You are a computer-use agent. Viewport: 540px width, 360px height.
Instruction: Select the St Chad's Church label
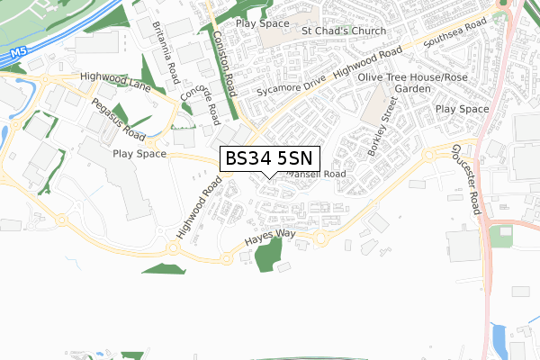(x=345, y=31)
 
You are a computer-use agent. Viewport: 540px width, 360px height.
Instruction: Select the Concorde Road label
(x=201, y=101)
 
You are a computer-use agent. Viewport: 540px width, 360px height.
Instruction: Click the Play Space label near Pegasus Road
(x=139, y=154)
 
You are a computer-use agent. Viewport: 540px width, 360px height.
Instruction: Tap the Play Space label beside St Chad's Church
(x=263, y=22)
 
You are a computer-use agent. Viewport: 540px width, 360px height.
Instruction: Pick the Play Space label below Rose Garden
(x=462, y=109)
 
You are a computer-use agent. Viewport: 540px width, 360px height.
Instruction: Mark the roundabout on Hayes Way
(x=318, y=238)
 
